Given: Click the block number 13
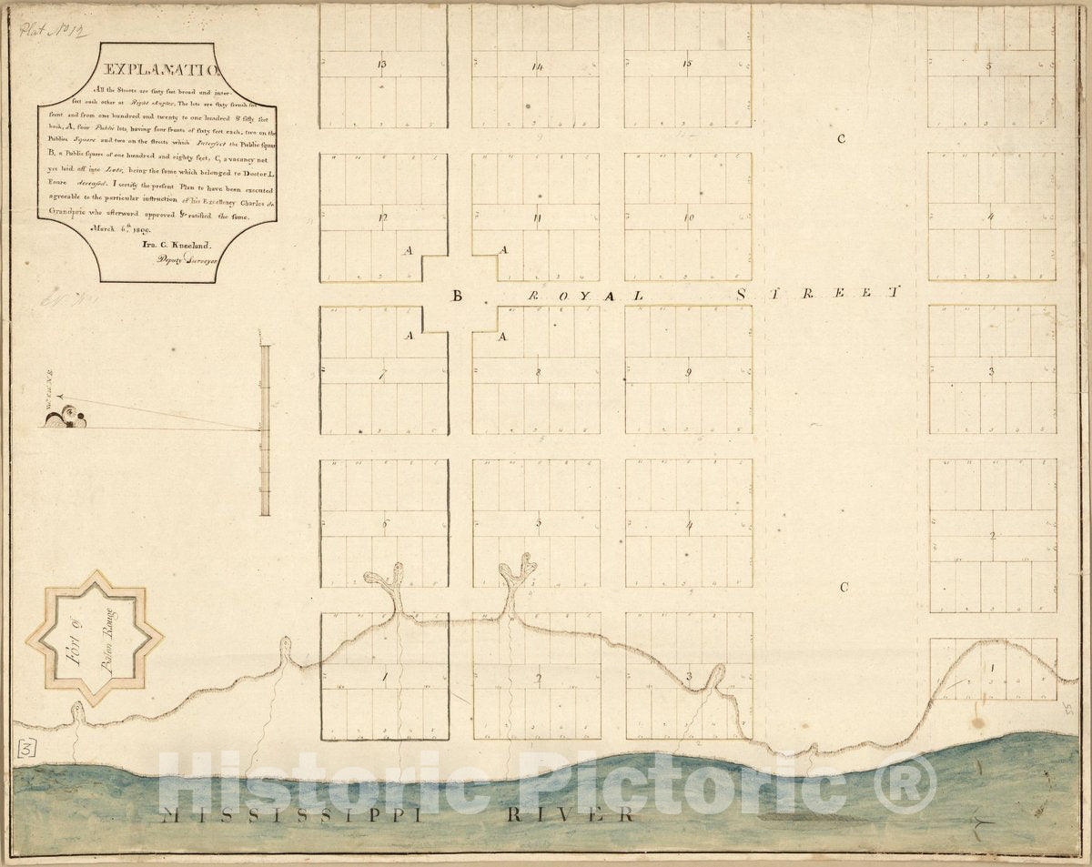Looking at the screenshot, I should point(381,65).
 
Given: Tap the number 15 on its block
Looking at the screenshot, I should point(687,64).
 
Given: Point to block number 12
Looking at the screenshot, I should point(383,217).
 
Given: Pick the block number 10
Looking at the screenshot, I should point(689,217).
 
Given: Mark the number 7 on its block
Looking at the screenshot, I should point(383,373).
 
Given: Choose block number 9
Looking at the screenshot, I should point(689,371).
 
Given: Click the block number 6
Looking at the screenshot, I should point(385,524).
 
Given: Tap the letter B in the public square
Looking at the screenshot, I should point(458,295).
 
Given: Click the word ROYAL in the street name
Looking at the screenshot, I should point(587,296).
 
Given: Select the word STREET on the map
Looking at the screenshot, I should point(817,293).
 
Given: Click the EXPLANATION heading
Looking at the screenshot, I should point(158,69).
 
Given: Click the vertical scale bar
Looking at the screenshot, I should point(265,429).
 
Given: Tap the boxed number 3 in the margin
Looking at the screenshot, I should point(27,749).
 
